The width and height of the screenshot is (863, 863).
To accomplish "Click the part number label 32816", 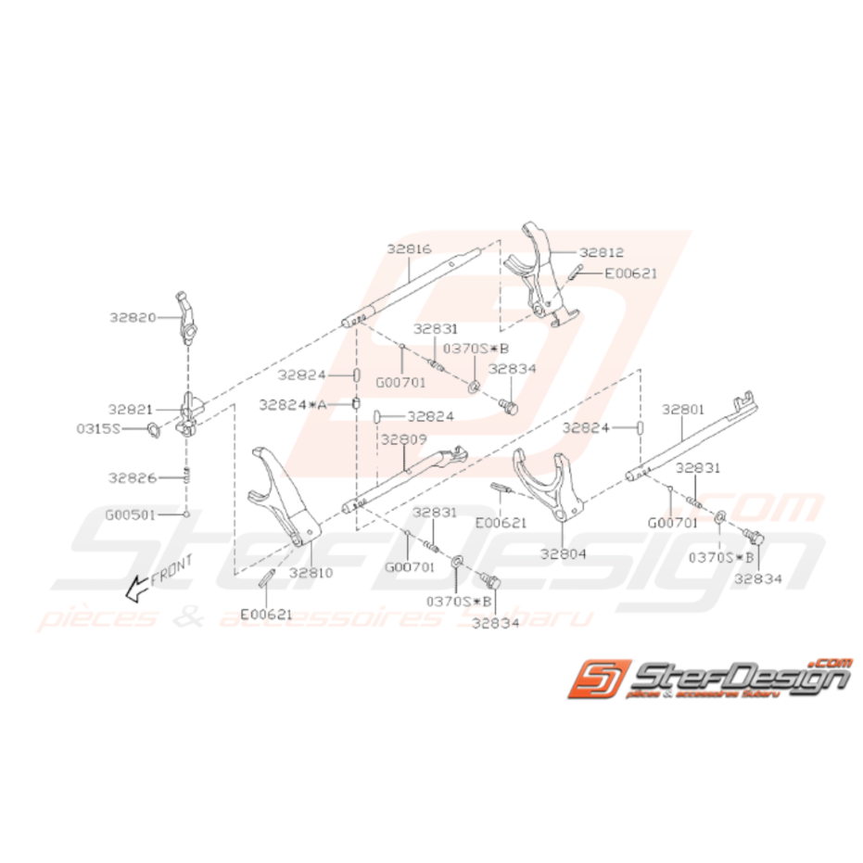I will (x=409, y=248).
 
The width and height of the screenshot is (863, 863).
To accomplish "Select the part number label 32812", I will (x=603, y=251).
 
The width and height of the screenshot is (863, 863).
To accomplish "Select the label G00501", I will (x=130, y=513).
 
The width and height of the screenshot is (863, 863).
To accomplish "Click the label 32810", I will (x=310, y=573).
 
